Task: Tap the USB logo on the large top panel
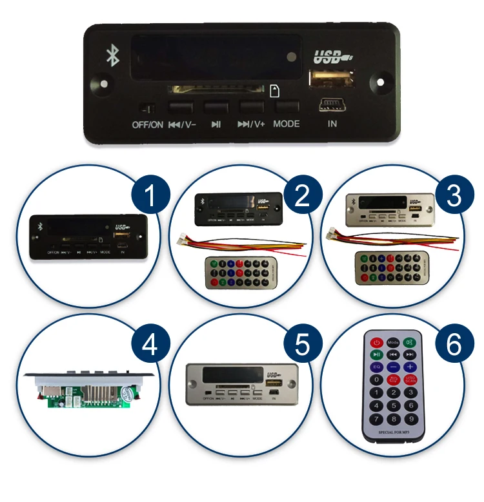332,57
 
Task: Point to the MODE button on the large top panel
287,106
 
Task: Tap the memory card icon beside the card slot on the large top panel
274,90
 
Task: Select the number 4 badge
150,346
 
